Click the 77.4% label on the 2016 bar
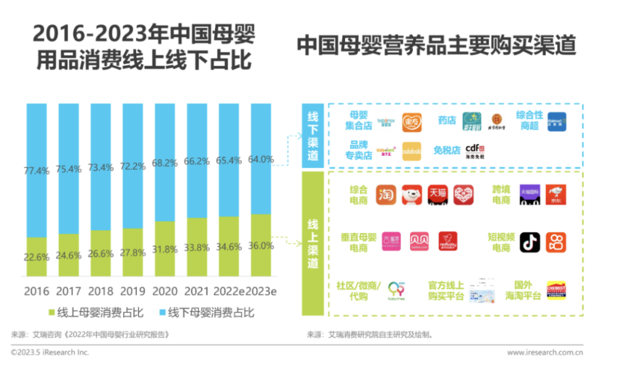click(x=37, y=171)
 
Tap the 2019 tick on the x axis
click(x=133, y=292)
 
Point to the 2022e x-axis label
click(x=229, y=292)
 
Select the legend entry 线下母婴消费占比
click(x=206, y=313)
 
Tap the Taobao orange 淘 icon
click(x=386, y=195)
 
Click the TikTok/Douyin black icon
click(x=530, y=242)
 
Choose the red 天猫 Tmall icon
click(x=438, y=195)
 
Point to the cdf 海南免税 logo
click(x=475, y=151)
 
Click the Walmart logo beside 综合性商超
click(x=556, y=121)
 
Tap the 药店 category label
click(x=447, y=121)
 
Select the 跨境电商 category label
click(x=501, y=195)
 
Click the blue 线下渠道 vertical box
click(x=313, y=135)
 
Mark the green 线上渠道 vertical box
click(x=313, y=242)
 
